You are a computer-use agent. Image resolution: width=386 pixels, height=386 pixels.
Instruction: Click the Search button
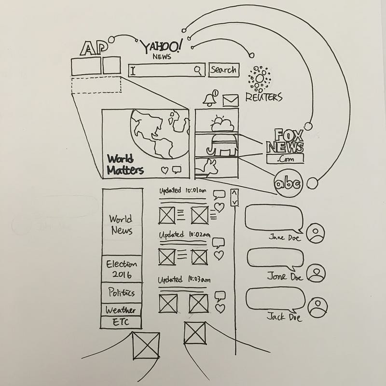coord(224,70)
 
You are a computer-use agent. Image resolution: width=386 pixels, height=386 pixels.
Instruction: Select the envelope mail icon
coord(231,100)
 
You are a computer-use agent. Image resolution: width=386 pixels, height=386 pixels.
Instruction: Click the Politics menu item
coord(122,293)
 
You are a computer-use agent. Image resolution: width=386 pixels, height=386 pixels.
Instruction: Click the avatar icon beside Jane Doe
coord(317,234)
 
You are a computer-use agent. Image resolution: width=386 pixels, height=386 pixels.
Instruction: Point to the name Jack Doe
coord(285,317)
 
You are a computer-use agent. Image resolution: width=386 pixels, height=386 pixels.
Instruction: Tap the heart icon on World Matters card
coord(164,170)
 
